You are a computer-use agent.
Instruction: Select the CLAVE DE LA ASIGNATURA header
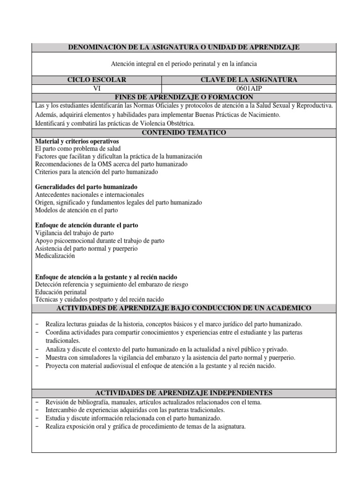coord(248,80)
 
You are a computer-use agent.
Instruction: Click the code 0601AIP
coord(248,88)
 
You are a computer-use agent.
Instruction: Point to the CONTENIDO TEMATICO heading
coord(184,133)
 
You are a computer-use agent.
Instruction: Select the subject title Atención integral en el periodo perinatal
coord(184,63)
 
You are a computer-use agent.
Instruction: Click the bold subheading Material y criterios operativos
coord(77,141)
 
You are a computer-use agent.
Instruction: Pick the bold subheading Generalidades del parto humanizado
coord(86,187)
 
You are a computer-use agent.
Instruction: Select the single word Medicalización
coord(55,256)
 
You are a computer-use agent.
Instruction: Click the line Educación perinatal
coord(60,292)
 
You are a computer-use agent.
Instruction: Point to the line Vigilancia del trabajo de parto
coord(74,233)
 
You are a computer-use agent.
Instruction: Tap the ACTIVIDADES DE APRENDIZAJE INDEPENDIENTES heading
coord(184,393)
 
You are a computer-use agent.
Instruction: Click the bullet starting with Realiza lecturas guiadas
coord(173,324)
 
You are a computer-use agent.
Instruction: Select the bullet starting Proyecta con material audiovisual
coord(161,366)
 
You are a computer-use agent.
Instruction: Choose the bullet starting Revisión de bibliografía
coord(153,402)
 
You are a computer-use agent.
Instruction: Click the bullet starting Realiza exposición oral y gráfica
coord(145,427)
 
